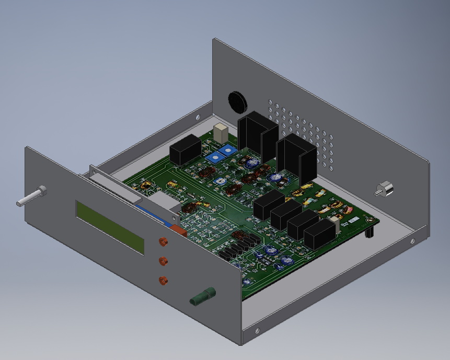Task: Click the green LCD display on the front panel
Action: [110, 227]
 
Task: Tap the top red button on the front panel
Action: [163, 241]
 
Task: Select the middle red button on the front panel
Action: [163, 260]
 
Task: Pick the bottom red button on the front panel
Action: [164, 280]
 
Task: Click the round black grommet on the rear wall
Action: [237, 101]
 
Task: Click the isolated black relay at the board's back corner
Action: [185, 149]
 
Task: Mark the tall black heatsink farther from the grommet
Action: [296, 157]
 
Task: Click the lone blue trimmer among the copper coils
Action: [221, 180]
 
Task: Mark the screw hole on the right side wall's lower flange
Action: [412, 241]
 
